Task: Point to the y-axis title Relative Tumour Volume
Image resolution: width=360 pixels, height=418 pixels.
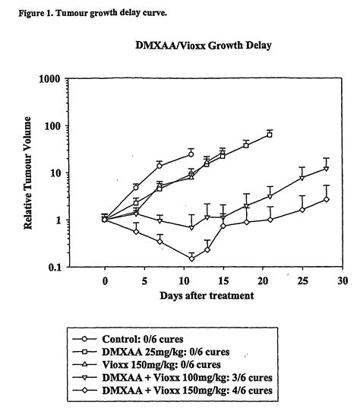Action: tap(30, 173)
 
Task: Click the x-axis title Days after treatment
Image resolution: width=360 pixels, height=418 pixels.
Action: tap(207, 296)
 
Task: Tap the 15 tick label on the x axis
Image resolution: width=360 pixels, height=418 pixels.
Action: tap(223, 280)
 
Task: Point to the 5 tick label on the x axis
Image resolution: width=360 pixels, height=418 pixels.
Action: tap(144, 280)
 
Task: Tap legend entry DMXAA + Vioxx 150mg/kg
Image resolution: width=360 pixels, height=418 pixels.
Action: tap(181, 391)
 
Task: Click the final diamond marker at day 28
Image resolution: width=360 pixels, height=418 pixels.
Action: tap(326, 199)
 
